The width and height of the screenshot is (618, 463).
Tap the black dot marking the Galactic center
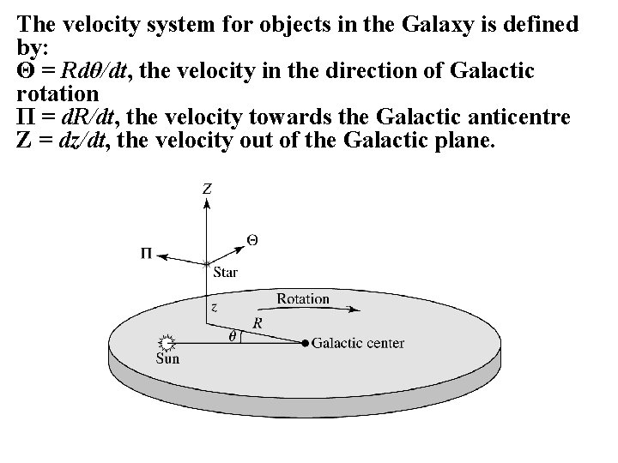(305, 344)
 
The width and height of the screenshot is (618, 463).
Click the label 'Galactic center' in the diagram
(358, 344)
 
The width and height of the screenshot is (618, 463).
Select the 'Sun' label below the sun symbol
(167, 358)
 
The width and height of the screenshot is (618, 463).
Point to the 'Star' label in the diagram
(224, 273)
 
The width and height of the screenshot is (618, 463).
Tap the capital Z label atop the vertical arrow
(207, 188)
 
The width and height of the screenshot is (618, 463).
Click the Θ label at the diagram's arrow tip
(251, 238)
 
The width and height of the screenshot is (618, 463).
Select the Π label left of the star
(148, 252)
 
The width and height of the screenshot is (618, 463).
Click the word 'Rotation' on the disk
(303, 299)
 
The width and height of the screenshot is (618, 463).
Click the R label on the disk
(257, 322)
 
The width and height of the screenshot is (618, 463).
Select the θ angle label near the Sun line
(233, 336)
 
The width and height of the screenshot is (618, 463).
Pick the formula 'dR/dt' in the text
(89, 117)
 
